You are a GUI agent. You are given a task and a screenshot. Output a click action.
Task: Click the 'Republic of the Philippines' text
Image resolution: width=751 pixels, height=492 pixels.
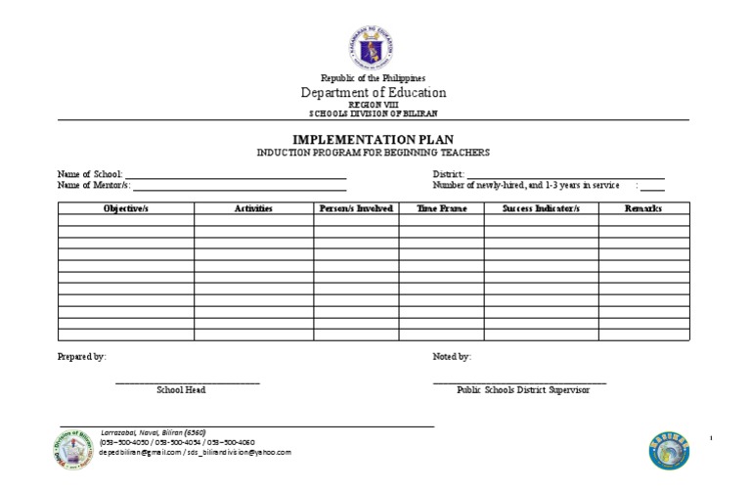pos(373,78)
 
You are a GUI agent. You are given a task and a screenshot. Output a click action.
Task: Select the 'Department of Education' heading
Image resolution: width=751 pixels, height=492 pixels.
pos(373,93)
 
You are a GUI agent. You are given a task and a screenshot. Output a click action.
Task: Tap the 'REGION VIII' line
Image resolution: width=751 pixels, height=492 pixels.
pos(373,105)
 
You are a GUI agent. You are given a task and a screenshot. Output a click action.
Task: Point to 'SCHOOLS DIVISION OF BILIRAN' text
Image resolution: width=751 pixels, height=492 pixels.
pos(373,112)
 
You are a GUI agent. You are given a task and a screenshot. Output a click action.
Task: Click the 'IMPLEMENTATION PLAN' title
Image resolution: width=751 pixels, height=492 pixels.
pos(373,140)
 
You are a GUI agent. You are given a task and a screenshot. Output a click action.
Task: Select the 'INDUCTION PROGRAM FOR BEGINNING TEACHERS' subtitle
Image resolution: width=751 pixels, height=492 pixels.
pos(373,153)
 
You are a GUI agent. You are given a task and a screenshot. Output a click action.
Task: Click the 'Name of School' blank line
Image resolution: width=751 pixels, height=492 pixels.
pos(235,175)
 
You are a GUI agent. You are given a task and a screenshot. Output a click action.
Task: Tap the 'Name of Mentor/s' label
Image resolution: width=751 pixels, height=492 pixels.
pos(94,185)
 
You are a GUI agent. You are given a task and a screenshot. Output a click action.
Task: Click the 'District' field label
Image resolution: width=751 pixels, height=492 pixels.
pos(449,174)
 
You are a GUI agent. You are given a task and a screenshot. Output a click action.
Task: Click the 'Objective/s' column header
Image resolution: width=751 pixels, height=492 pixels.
pos(125,208)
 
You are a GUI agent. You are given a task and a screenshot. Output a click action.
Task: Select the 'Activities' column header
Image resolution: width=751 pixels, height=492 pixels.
pos(253,208)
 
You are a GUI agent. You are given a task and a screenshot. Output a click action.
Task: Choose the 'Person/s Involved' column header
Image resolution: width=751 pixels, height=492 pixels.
pos(356,208)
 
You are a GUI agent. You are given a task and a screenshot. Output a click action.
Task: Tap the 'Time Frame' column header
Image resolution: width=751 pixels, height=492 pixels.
pos(441,208)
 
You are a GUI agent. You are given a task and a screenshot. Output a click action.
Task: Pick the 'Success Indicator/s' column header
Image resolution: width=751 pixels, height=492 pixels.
pos(541,208)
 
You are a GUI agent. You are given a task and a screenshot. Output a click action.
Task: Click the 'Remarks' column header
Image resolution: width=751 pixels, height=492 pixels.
pos(643,208)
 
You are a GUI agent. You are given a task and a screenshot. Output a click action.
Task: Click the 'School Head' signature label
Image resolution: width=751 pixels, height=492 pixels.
pos(181,389)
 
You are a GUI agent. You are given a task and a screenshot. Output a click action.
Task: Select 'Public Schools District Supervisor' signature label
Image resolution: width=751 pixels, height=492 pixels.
pos(523,389)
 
